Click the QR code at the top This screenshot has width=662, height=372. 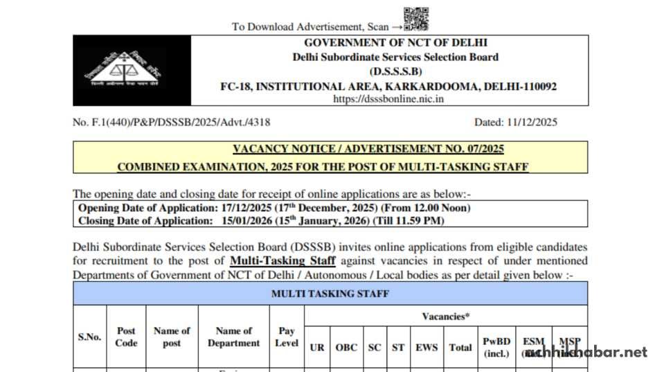click(416, 19)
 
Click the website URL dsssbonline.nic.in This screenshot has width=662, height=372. click(388, 99)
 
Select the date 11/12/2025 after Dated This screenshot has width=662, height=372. click(530, 123)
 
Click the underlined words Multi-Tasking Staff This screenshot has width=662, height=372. click(283, 260)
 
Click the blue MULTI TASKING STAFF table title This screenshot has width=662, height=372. click(330, 294)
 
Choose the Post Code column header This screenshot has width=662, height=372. click(126, 337)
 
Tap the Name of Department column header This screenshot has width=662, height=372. click(233, 337)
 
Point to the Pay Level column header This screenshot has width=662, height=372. click(287, 337)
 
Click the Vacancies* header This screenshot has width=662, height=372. click(446, 317)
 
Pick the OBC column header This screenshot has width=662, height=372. click(347, 347)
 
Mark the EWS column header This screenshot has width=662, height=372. click(426, 347)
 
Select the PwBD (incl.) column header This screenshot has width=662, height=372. click(497, 346)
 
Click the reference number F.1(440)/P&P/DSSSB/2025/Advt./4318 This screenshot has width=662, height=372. click(172, 123)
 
